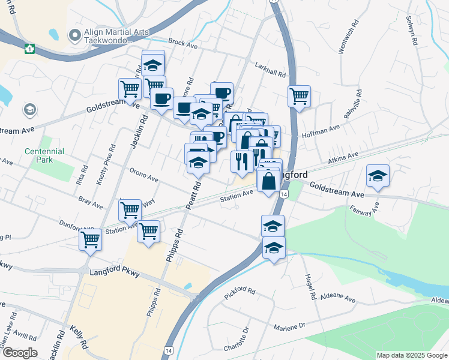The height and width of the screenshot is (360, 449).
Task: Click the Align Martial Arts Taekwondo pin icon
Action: [75, 35]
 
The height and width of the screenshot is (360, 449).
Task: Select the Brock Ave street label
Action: [183, 43]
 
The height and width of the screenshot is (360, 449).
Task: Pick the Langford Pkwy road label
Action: [115, 273]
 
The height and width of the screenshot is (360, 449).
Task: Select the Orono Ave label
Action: [143, 175]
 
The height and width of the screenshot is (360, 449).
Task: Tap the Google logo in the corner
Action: [19, 353]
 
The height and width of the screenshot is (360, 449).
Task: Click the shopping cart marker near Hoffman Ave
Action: [299, 95]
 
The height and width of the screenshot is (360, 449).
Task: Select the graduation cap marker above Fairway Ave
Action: [378, 175]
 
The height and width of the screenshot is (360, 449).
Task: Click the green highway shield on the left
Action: [28, 48]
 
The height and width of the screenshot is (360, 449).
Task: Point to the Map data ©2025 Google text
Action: [412, 355]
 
